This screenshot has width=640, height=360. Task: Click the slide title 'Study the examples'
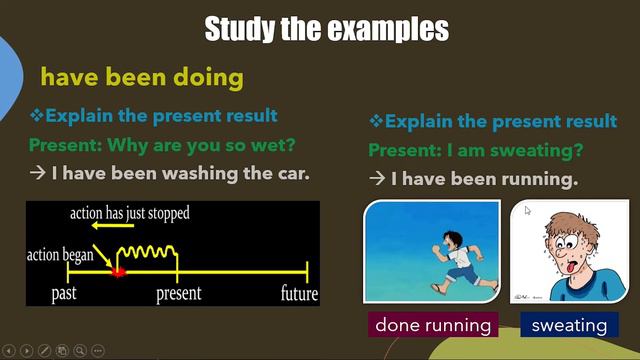(x=326, y=29)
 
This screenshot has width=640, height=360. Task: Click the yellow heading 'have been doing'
(x=141, y=77)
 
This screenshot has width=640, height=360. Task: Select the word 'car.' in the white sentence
(x=290, y=173)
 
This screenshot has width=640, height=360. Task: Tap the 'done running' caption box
(x=434, y=325)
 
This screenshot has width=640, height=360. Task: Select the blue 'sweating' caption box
(x=569, y=325)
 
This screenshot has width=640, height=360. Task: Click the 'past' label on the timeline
(x=65, y=294)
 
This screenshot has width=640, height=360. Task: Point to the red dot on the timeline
(x=117, y=270)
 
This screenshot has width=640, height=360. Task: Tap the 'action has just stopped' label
(x=129, y=213)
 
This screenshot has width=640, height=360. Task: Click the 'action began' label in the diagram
(x=60, y=255)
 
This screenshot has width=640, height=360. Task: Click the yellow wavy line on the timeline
(x=147, y=251)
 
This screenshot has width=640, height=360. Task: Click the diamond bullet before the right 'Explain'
(x=376, y=122)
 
